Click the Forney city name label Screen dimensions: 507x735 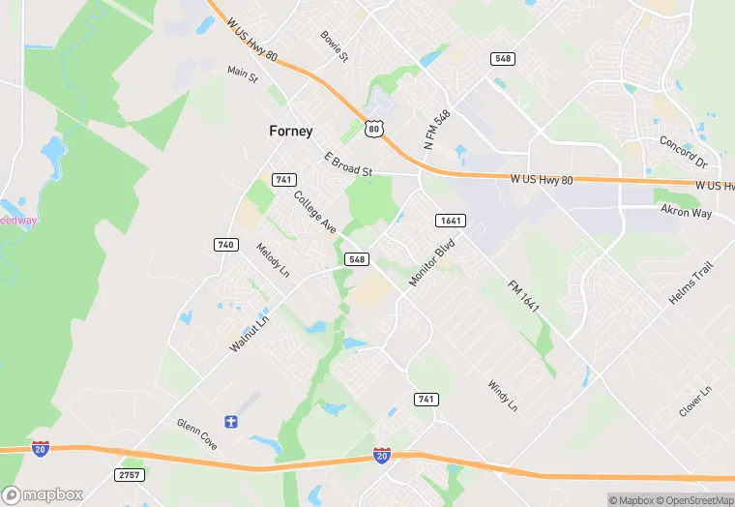[x=290, y=132]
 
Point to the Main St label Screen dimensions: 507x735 [x=243, y=72]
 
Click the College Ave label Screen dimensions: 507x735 [x=315, y=212]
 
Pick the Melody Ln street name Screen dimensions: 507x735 [x=273, y=260]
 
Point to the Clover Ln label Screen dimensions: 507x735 [x=694, y=401]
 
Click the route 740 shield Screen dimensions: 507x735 [x=225, y=245]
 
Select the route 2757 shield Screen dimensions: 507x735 [x=128, y=475]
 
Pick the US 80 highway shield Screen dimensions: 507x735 [x=374, y=127]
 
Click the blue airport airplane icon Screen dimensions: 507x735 [x=230, y=421]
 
